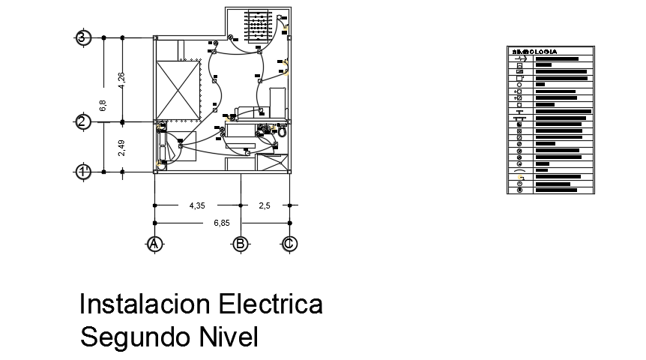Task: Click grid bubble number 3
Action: tap(84, 37)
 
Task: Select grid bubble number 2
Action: tap(84, 122)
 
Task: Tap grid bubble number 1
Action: tap(84, 172)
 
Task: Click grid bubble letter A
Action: tap(154, 244)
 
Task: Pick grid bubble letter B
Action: tap(241, 244)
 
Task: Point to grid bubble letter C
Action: tap(289, 244)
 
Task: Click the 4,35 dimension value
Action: tap(196, 205)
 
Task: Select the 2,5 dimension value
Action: tap(265, 205)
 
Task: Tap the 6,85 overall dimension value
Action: tap(221, 223)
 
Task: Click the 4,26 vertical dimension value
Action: tap(121, 79)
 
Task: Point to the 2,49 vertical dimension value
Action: tap(121, 147)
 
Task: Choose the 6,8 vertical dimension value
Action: tap(103, 105)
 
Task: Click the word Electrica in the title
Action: tap(271, 304)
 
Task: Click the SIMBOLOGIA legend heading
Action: tap(534, 52)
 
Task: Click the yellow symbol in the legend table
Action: tap(519, 177)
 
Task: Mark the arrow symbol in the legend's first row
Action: tap(520, 58)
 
